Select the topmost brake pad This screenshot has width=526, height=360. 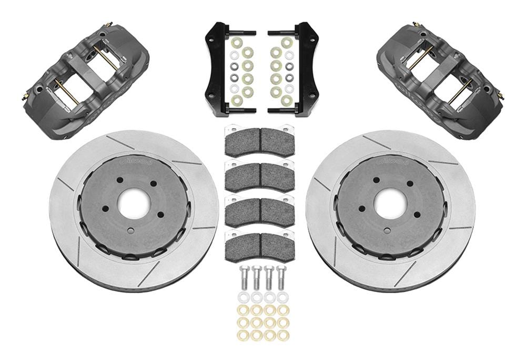coord(259,141)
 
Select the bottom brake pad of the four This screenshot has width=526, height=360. coord(259,245)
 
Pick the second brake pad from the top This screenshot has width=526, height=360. coord(259,176)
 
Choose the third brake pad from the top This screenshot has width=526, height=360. coord(259,211)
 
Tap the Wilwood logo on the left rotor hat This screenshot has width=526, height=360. coord(136,162)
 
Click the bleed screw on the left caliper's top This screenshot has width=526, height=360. coord(108,25)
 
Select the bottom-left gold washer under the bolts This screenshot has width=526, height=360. coord(243,335)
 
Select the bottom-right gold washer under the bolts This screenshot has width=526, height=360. coord(282,335)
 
